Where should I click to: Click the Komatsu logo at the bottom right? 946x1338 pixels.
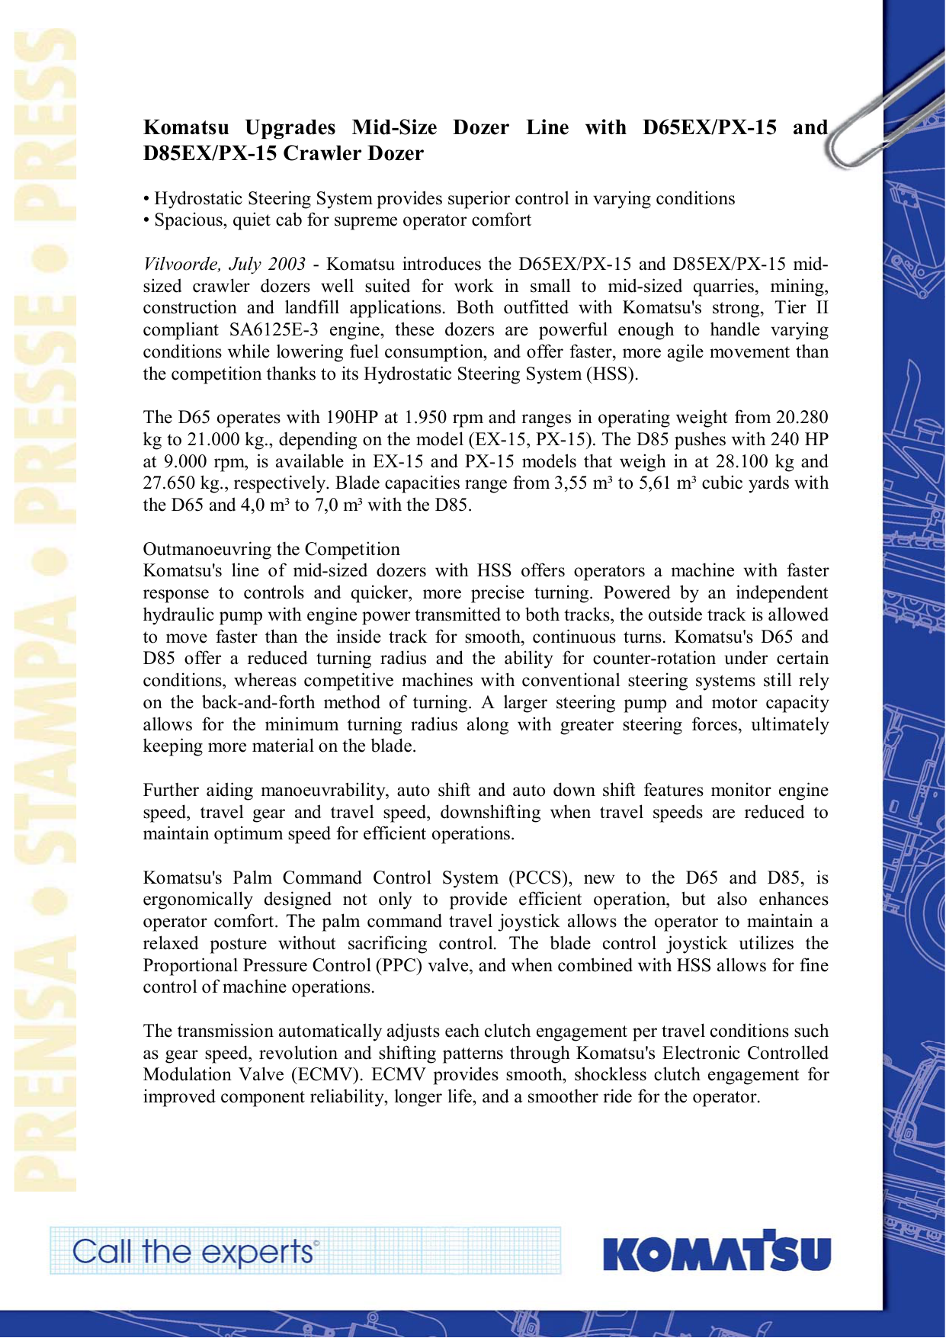tap(716, 1252)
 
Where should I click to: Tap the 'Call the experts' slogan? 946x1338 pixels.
tap(195, 1252)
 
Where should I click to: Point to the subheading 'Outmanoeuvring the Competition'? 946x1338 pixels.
tap(271, 549)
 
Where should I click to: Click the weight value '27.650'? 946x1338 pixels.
tap(169, 483)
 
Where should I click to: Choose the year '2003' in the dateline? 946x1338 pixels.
tap(287, 265)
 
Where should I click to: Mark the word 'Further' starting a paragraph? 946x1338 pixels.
tap(172, 791)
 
